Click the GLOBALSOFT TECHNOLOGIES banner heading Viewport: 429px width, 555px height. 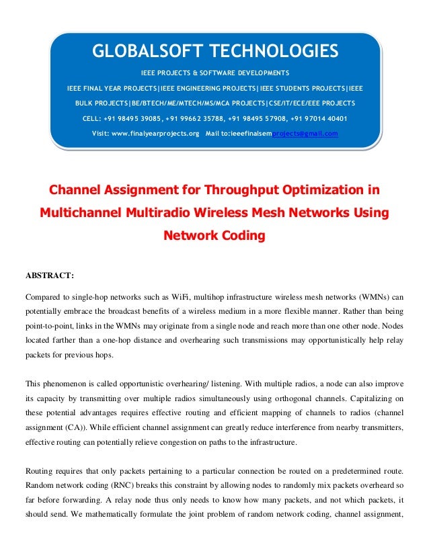tap(214, 51)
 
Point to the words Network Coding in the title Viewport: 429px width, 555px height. tap(214, 236)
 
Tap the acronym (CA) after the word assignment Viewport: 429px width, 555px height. tap(69, 428)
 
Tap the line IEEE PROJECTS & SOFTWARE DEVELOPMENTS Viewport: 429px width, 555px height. tap(214, 73)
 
